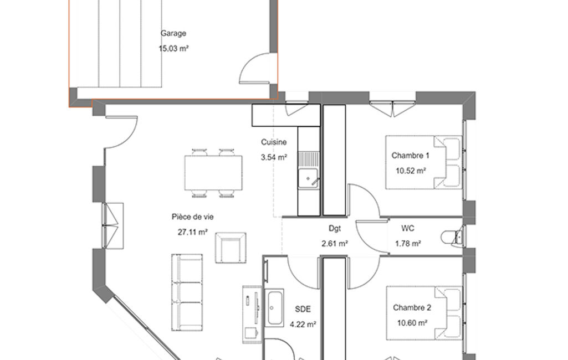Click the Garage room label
[x=173, y=33]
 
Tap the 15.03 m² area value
[x=173, y=48]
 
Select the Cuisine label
[x=274, y=142]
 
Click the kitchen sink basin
[x=308, y=178]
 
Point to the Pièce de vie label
[x=193, y=217]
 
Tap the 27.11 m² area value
[x=193, y=232]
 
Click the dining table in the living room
[x=213, y=173]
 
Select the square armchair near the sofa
[x=231, y=248]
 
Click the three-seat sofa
[x=187, y=292]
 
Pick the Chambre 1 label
[x=411, y=156]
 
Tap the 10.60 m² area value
[x=412, y=323]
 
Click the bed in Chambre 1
[x=423, y=162]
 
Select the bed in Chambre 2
[x=424, y=313]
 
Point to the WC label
[x=408, y=228]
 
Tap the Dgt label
[x=335, y=228]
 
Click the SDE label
[x=303, y=309]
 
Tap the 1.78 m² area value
[x=408, y=243]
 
